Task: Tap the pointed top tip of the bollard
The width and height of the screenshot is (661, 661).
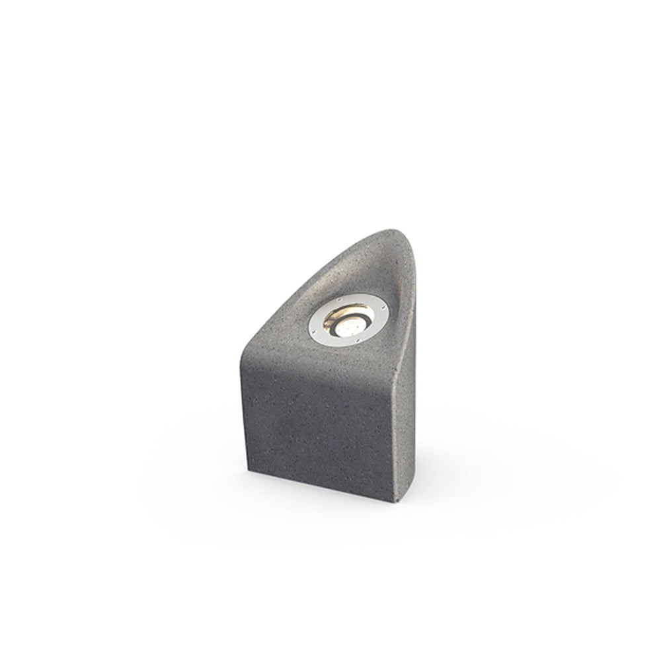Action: coord(397,232)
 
